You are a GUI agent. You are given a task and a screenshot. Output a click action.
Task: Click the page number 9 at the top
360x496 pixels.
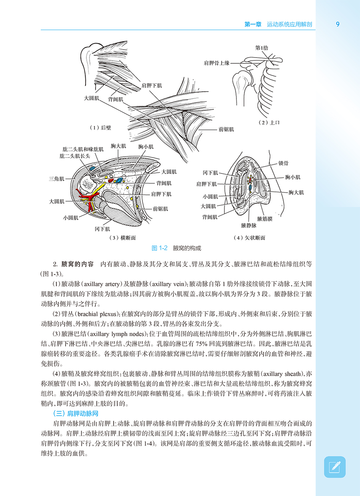(x=338, y=24)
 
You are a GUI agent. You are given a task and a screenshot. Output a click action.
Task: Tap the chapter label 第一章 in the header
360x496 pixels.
(x=253, y=24)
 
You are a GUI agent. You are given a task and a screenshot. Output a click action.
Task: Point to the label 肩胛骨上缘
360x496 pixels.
(x=216, y=63)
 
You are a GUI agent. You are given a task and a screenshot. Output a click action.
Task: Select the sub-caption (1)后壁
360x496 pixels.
(x=100, y=128)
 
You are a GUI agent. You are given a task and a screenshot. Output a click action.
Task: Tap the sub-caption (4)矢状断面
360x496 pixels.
(x=249, y=238)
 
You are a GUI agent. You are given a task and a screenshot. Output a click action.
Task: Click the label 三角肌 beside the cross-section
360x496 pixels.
(x=56, y=179)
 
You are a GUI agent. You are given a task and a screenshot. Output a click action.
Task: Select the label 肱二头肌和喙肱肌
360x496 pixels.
(x=83, y=149)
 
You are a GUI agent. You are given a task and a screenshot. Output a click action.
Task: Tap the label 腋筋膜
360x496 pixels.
(x=265, y=219)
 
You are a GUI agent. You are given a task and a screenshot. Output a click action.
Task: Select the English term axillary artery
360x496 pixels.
(x=105, y=284)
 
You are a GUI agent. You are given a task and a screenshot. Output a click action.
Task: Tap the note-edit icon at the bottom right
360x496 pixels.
(x=334, y=467)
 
